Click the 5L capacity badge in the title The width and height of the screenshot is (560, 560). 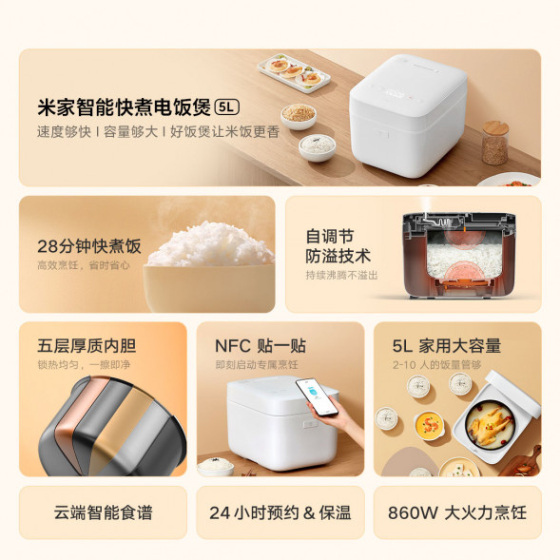coord(228,106)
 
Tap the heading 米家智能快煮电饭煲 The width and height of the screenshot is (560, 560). coord(124,106)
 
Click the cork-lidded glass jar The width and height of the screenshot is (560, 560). coord(494,143)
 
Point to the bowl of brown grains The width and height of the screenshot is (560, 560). coord(299,114)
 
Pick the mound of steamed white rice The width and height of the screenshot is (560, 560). coord(210,245)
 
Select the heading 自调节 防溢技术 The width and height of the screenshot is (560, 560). coord(338,245)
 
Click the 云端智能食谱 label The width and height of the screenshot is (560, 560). coord(103,512)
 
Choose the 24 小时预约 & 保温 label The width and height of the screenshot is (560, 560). coord(280,512)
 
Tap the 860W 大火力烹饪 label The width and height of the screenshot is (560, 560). coord(456,512)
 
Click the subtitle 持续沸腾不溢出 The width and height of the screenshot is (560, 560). coord(341,275)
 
